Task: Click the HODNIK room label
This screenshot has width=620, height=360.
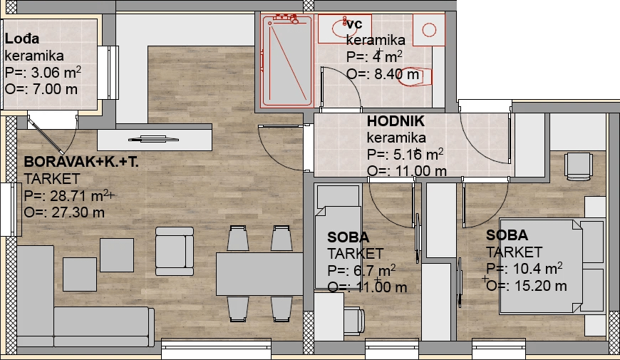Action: tap(396, 121)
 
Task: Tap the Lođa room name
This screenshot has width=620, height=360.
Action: tap(22, 38)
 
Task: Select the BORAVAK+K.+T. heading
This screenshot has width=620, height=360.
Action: tap(81, 162)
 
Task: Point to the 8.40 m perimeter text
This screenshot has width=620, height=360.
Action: tap(396, 74)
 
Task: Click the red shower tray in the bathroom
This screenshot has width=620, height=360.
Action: tap(287, 60)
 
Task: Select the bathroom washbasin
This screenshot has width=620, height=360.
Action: tap(344, 29)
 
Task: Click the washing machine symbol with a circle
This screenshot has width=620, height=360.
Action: tap(429, 30)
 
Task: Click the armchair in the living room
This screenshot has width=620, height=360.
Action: tap(175, 251)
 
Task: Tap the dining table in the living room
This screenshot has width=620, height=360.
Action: tap(259, 274)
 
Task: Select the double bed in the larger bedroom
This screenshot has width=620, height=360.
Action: tap(552, 266)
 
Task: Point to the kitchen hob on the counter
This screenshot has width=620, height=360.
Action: tap(153, 139)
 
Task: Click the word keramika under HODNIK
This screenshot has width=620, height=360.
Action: tap(396, 138)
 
